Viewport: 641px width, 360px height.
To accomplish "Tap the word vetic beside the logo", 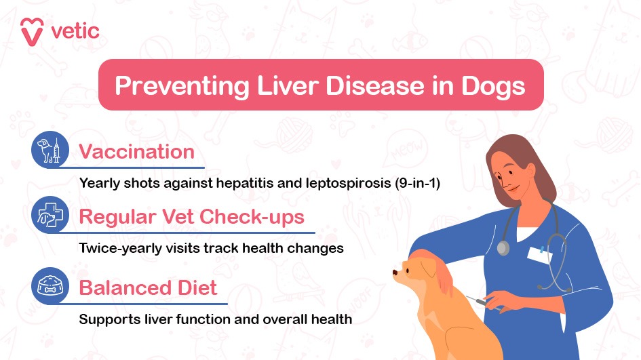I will [75, 31].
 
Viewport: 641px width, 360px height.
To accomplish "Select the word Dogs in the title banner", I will [490, 86].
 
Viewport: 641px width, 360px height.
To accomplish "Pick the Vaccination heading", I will [136, 151].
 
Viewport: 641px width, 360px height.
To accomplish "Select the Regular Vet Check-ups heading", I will [191, 217].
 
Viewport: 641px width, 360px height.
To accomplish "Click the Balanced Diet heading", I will [148, 287].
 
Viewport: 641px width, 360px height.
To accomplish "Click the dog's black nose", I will [395, 273].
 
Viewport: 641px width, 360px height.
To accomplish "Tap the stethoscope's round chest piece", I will [503, 248].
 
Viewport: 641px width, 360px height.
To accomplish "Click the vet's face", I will [507, 174].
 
